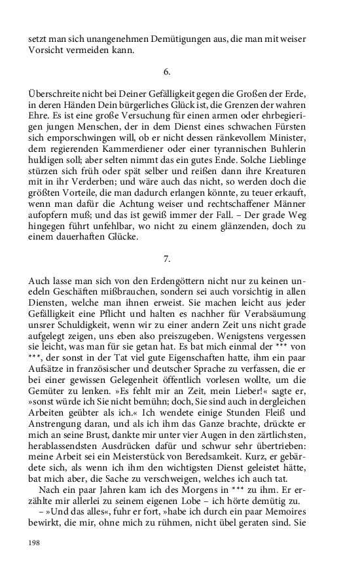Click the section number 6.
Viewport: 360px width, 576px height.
pyautogui.click(x=168, y=69)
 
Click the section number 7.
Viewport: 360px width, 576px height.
pyautogui.click(x=168, y=259)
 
